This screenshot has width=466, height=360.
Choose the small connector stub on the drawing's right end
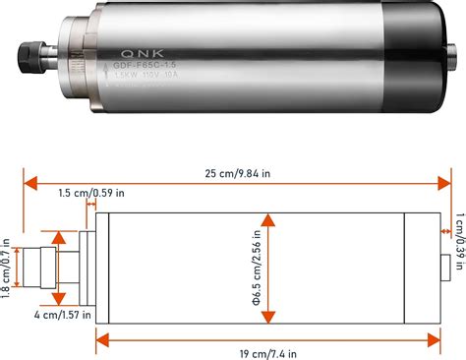click(x=444, y=263)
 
